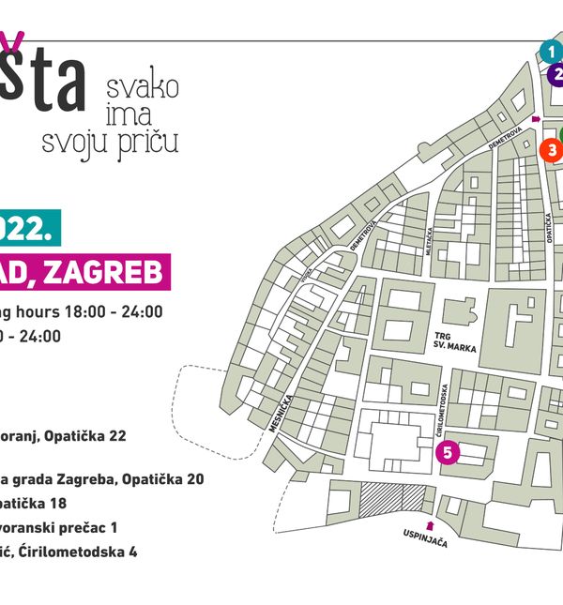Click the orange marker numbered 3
pyautogui.click(x=552, y=149)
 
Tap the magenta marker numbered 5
pyautogui.click(x=448, y=454)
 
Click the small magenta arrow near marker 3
pyautogui.click(x=536, y=119)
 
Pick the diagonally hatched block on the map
pyautogui.click(x=392, y=499)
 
